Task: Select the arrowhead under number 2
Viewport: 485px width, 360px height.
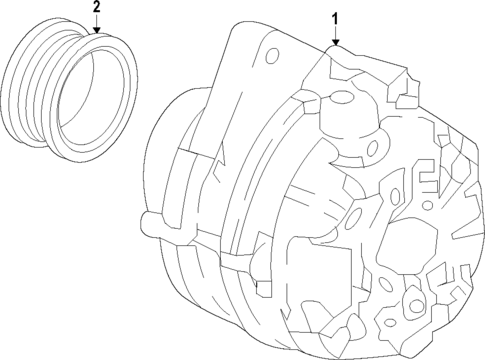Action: coord(97,33)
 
